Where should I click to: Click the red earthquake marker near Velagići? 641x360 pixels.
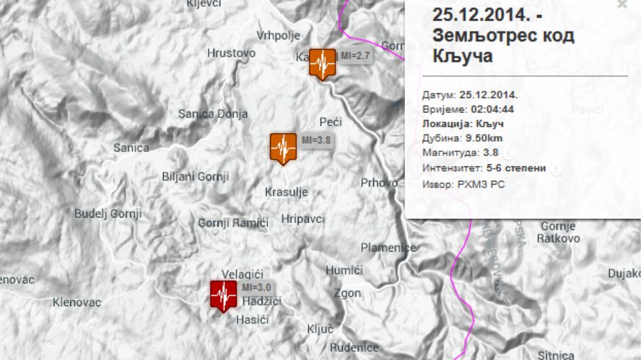(223, 294)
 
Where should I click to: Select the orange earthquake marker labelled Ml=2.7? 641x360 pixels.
(322, 63)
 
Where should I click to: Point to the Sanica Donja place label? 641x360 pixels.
(213, 114)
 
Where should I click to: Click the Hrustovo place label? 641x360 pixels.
(231, 52)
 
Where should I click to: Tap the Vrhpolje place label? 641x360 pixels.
(279, 35)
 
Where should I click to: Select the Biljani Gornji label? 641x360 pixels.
(195, 177)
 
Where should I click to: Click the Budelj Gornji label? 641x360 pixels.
(108, 213)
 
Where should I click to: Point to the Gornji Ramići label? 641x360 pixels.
(233, 222)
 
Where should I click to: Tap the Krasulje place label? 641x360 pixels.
(286, 192)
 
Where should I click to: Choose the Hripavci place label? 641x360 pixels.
(303, 219)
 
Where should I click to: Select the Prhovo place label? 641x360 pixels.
(379, 183)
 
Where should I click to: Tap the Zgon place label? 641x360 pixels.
(347, 293)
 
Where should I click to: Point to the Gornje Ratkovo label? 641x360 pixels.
(558, 232)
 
